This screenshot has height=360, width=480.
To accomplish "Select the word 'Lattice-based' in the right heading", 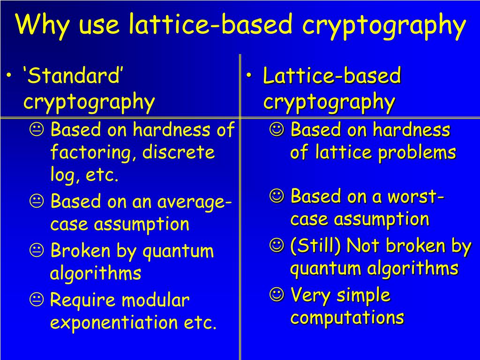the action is (332, 75).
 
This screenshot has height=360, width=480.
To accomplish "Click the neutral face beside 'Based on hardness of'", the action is (37, 130).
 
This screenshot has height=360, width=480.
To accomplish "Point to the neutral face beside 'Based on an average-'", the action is (37, 202).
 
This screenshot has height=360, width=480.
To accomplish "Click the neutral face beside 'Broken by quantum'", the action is (37, 250).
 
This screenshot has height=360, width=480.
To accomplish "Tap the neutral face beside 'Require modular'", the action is (37, 300).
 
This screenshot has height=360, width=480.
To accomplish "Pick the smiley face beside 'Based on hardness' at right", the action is (277, 129).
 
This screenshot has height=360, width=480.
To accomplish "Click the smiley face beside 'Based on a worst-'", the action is (277, 196).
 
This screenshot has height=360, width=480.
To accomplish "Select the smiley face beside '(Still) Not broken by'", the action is (277, 245).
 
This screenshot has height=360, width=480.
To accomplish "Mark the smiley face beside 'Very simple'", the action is (277, 294).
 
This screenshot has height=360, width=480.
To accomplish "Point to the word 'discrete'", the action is (179, 152).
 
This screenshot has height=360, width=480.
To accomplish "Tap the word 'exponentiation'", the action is (114, 322).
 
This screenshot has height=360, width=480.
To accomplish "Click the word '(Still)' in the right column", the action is (315, 246).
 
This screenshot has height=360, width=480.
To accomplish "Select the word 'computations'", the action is (347, 317).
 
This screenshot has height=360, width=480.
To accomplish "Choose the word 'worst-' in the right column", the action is (416, 196).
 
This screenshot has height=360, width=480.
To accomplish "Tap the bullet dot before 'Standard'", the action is (10, 75).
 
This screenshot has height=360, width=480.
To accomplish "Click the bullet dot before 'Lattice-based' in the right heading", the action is (249, 75).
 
